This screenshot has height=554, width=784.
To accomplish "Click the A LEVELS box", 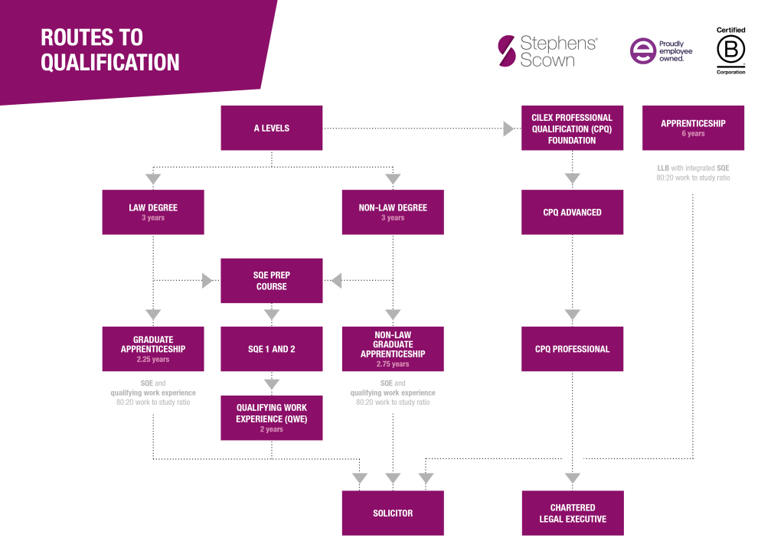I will click(x=272, y=128).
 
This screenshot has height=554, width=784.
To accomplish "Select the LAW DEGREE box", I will click(x=153, y=212).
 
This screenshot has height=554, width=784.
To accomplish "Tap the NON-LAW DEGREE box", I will click(x=393, y=212).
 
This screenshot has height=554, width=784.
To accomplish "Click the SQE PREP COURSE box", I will click(x=272, y=281).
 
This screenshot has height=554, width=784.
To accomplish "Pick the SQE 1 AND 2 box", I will click(x=272, y=349).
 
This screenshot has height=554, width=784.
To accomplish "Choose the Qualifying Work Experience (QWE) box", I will click(x=272, y=418).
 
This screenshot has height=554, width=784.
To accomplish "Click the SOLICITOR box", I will click(x=393, y=513).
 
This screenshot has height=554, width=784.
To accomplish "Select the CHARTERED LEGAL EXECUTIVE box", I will click(x=572, y=513).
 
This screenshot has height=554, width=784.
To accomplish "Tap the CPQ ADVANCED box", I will click(x=572, y=212).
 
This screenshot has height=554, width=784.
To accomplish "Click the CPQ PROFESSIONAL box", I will click(x=572, y=349).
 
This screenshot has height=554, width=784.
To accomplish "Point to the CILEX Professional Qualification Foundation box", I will click(x=572, y=128).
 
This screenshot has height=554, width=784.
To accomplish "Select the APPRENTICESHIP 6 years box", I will click(x=693, y=128).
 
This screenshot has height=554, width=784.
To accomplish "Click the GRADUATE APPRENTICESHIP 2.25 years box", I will click(x=153, y=349).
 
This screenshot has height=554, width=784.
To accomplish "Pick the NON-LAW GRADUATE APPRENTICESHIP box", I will click(x=393, y=349).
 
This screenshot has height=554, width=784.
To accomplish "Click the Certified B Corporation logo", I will click(x=730, y=51).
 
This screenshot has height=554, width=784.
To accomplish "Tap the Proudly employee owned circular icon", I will click(x=642, y=51).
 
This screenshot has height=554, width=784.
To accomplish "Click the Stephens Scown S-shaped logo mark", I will click(x=506, y=51).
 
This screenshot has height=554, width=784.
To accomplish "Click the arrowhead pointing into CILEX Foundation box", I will click(x=509, y=129).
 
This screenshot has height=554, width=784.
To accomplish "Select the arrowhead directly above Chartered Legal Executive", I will click(x=572, y=479).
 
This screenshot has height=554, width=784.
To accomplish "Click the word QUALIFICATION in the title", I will click(x=110, y=62).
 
